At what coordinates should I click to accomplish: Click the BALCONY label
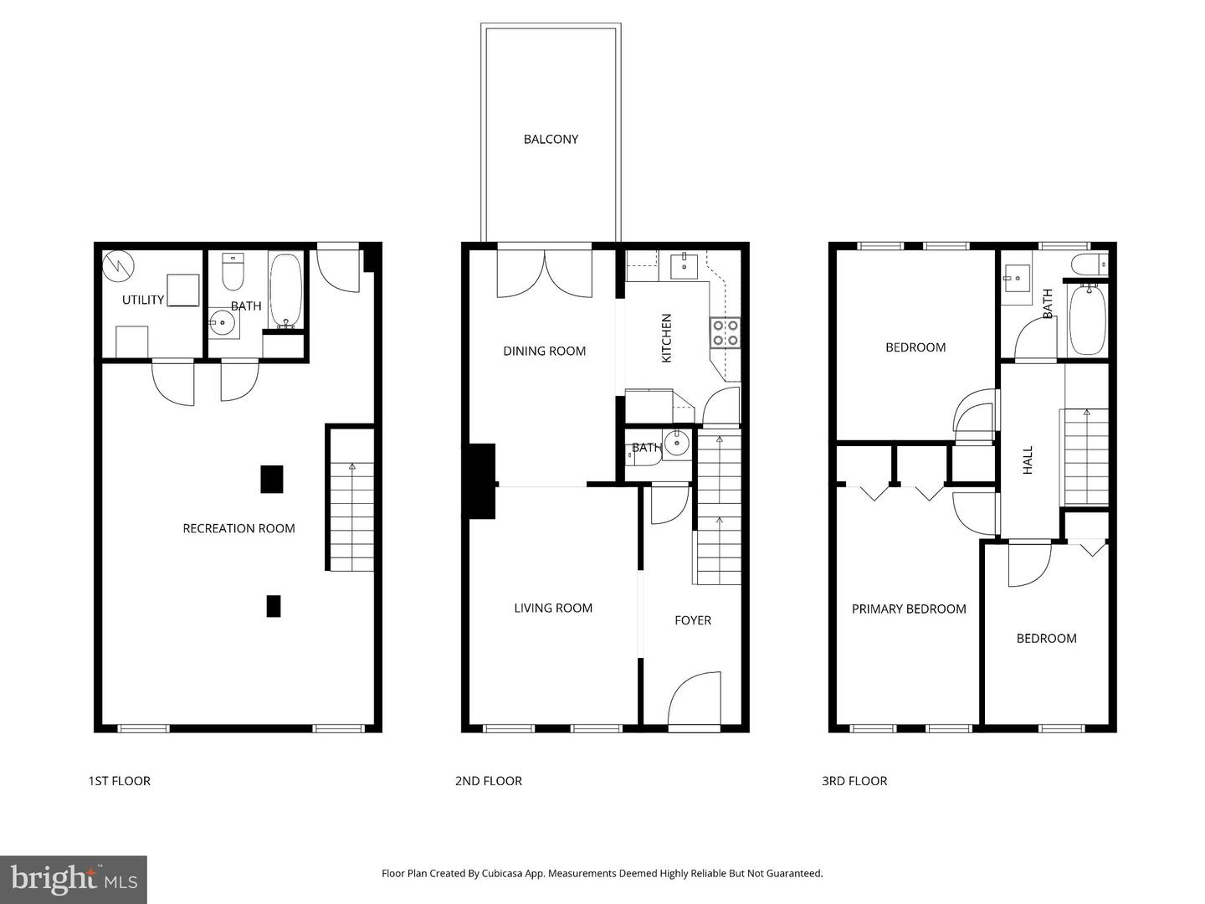pos(551,139)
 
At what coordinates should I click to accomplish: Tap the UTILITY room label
pos(143,300)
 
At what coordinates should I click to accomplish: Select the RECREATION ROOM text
pos(238,528)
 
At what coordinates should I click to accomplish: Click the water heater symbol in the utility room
pos(118,266)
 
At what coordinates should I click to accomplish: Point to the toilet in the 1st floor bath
pos(232,270)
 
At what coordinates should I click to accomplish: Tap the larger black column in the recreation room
pos(271,479)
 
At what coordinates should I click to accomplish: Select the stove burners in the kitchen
pos(725,332)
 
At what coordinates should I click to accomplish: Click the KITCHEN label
pos(667,338)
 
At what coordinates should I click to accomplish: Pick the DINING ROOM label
pos(544,351)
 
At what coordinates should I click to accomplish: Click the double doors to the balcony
pos(545,273)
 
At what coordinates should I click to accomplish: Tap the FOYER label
pos(693,620)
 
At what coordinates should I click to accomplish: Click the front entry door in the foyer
pos(695,700)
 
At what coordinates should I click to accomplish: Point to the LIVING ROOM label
pos(553,609)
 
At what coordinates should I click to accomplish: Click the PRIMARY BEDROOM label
pos(909,609)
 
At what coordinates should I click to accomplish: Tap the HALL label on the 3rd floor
pos(1028,460)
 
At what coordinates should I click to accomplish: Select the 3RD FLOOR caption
pos(854,781)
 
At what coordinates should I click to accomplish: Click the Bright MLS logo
pos(74,879)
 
